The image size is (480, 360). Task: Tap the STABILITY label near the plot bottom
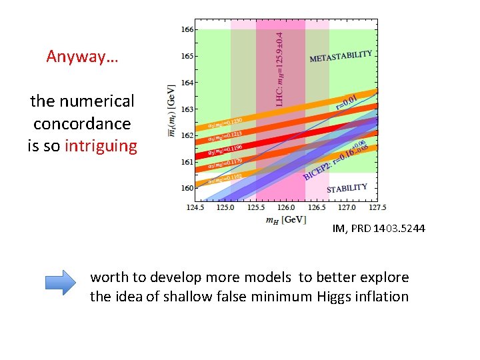pyautogui.click(x=347, y=188)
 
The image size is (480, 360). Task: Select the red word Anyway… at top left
pyautogui.click(x=82, y=56)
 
